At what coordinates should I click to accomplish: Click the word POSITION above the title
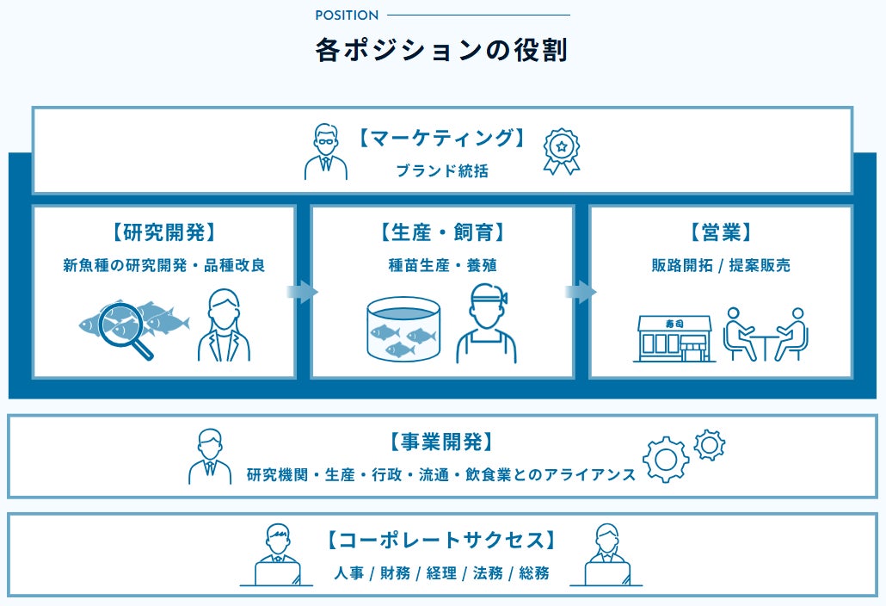click(347, 15)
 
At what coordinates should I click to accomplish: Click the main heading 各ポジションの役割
click(441, 50)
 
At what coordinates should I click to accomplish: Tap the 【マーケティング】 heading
click(442, 138)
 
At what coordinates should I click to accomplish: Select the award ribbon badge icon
click(562, 151)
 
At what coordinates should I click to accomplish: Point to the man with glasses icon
click(326, 151)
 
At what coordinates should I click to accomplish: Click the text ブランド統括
click(442, 170)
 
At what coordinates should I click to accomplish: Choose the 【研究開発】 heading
click(163, 232)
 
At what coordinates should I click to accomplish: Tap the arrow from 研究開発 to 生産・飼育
click(302, 292)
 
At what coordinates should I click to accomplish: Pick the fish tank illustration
click(403, 330)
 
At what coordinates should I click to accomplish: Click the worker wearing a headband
click(487, 324)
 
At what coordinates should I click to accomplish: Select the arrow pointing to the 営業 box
click(581, 292)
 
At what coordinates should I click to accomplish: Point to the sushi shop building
click(674, 338)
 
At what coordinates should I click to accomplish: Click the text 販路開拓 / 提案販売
click(721, 265)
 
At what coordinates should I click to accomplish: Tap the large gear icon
click(666, 459)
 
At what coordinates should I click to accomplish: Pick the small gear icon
click(709, 445)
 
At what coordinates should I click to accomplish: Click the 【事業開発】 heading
click(442, 442)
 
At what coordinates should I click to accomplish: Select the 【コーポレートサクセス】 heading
click(442, 540)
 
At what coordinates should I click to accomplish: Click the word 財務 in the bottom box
click(395, 573)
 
